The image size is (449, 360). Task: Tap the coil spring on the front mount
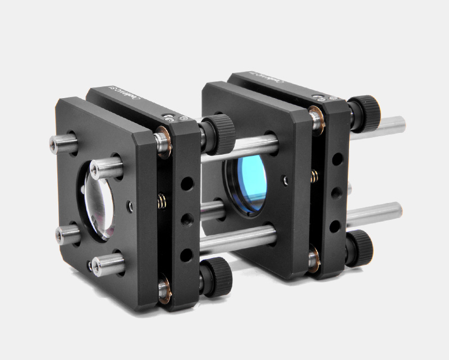(163, 199)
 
